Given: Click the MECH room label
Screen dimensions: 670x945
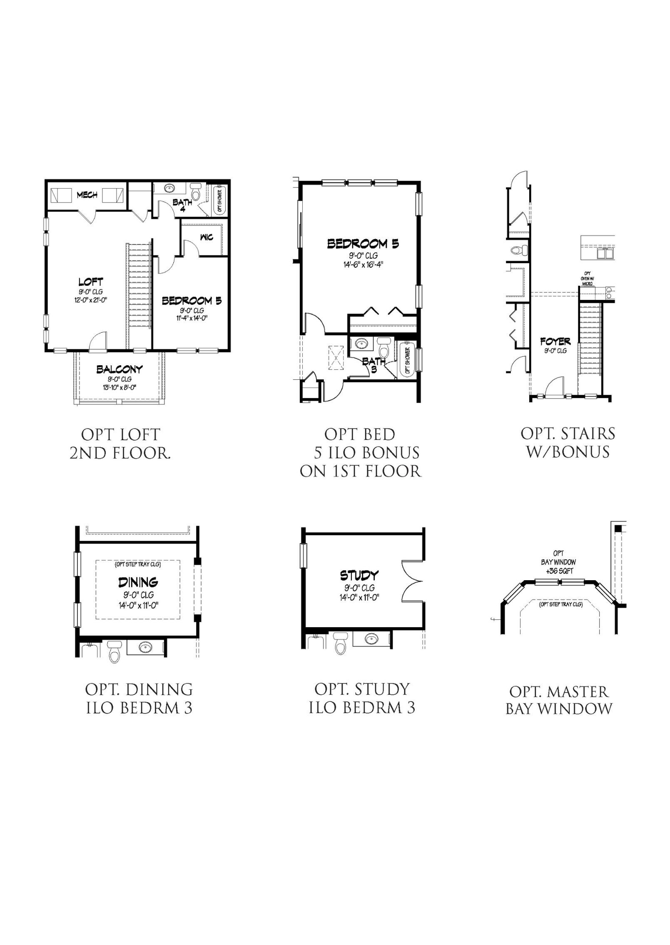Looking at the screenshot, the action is coord(87,194).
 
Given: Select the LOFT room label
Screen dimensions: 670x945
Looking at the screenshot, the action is coord(91,282).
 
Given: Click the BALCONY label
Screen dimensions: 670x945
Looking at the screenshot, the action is coord(120,369).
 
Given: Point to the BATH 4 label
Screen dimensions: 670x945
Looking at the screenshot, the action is coord(182,205).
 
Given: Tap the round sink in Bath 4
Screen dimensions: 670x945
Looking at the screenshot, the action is coord(170,188).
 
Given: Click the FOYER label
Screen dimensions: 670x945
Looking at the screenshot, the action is coord(555,342).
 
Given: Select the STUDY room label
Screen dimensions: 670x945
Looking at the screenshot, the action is coord(359,576).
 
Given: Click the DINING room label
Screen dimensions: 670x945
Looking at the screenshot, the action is coord(138,581).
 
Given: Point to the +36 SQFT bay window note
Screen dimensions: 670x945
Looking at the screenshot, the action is coord(559,571).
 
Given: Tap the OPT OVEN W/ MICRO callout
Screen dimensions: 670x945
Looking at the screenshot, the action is coord(587,278).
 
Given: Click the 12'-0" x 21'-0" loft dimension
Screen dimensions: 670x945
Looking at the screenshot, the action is coord(91,299).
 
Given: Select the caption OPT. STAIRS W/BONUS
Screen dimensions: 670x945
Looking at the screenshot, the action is coord(568,443).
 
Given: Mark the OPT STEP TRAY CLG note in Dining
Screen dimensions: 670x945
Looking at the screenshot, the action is coord(138,565).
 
